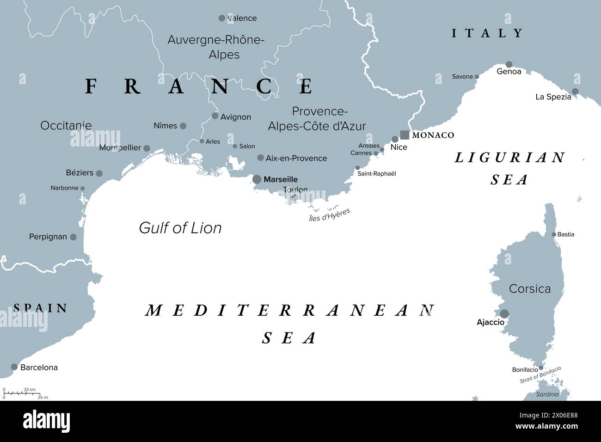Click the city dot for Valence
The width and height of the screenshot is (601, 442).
(222, 18)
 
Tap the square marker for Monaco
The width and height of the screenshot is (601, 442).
(405, 135)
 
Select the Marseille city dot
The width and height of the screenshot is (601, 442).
(257, 179)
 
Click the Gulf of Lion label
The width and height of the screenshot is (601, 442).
(180, 227)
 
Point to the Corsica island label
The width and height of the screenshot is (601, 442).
(529, 289)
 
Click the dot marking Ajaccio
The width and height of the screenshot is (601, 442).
(504, 314)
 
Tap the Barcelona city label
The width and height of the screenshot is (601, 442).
(39, 368)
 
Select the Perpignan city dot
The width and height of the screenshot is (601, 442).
(73, 237)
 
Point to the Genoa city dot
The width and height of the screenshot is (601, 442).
(509, 64)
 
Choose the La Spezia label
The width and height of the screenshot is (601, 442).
(553, 97)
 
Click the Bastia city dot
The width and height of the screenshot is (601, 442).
(554, 234)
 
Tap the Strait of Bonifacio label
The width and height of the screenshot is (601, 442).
(540, 375)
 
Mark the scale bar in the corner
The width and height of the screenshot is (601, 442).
(23, 393)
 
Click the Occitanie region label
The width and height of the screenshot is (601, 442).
(66, 125)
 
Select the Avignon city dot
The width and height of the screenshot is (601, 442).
(215, 116)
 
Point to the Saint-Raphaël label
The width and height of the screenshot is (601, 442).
(376, 174)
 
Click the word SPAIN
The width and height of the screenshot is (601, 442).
(41, 308)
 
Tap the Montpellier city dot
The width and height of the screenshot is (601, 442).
(147, 148)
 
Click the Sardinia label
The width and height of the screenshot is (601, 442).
(547, 394)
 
